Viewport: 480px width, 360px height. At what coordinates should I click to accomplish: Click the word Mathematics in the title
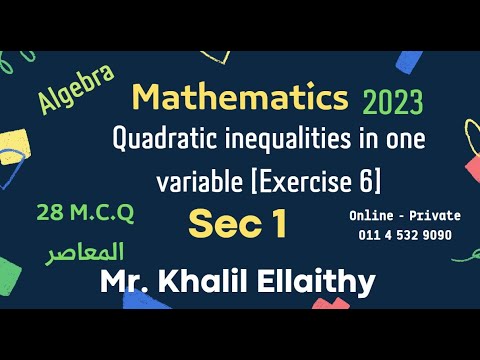[x=240, y=98]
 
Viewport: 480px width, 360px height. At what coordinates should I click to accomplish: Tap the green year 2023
[x=393, y=102]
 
